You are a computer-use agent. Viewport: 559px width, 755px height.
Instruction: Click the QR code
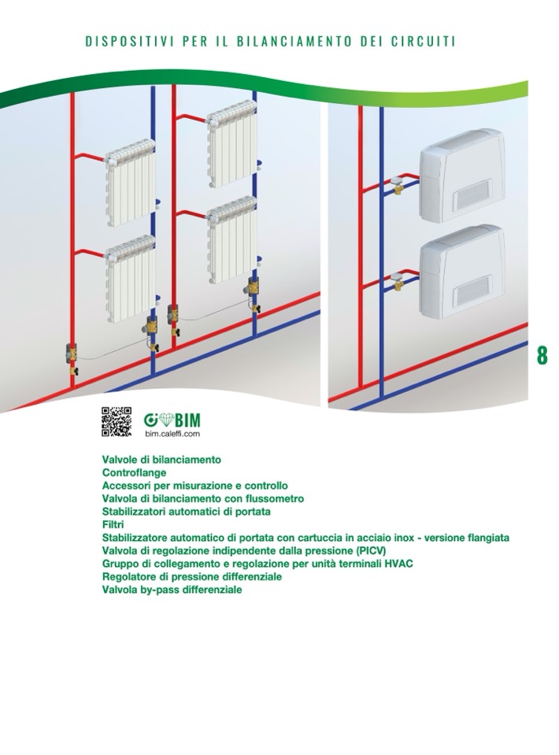point(116,421)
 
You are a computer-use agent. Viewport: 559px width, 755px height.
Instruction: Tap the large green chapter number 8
point(542,355)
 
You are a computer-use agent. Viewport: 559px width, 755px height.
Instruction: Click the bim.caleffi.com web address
point(172,434)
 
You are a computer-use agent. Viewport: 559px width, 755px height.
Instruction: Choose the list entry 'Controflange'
point(134,472)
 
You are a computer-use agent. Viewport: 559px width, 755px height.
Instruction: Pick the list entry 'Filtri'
point(113,524)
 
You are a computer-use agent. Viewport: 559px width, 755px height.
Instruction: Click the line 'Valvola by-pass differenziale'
point(172,590)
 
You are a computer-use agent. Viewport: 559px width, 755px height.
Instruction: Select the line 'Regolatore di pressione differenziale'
point(191,576)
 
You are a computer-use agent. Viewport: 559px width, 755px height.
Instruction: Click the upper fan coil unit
point(462,175)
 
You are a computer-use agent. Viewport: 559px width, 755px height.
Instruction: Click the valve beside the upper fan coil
point(398,184)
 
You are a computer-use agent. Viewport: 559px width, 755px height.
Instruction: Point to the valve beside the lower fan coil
point(398,281)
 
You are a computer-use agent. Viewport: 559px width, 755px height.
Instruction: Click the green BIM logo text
point(187,420)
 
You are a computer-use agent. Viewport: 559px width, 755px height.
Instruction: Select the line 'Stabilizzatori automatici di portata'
point(186,512)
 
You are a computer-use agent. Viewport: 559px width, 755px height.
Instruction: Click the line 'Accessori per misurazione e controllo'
point(195,485)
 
